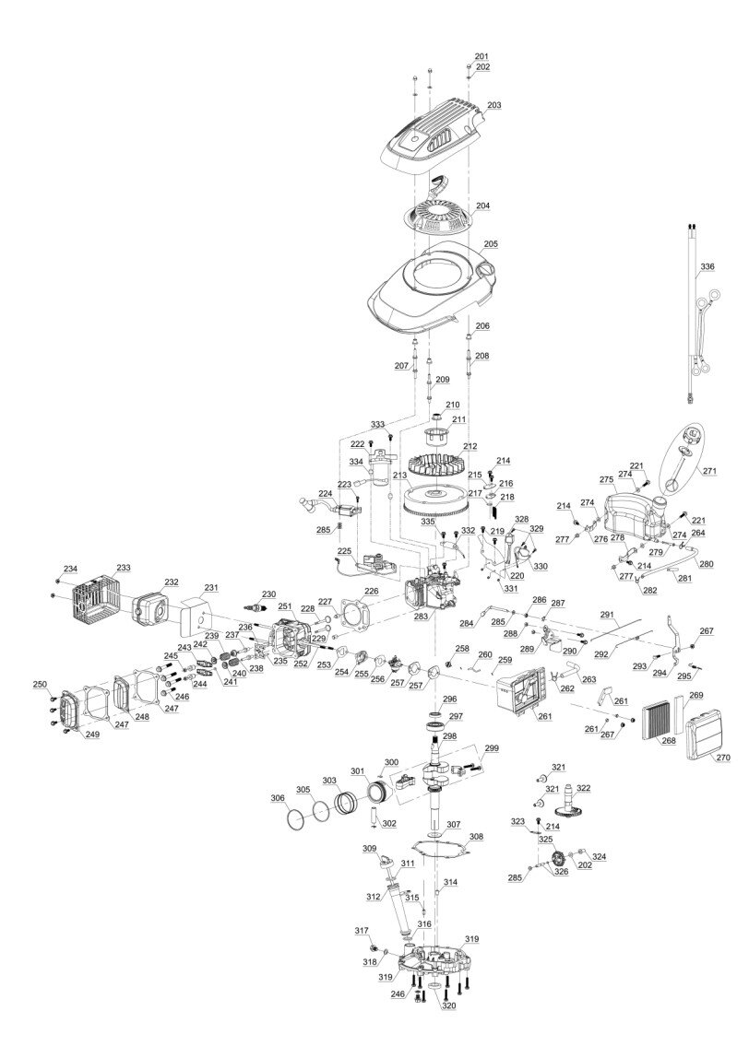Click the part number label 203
pyautogui.click(x=494, y=105)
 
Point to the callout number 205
pyautogui.click(x=491, y=243)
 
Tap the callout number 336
pyautogui.click(x=707, y=267)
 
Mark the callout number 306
pyautogui.click(x=278, y=797)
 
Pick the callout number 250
pyautogui.click(x=42, y=685)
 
